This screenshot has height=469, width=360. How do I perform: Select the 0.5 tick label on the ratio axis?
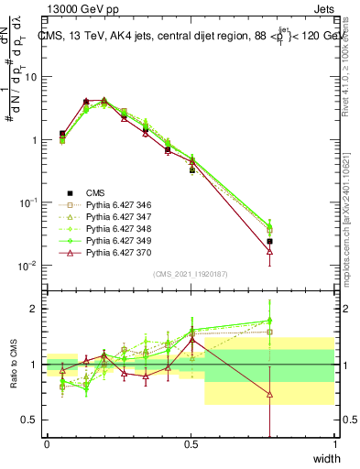coord(30,420)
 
